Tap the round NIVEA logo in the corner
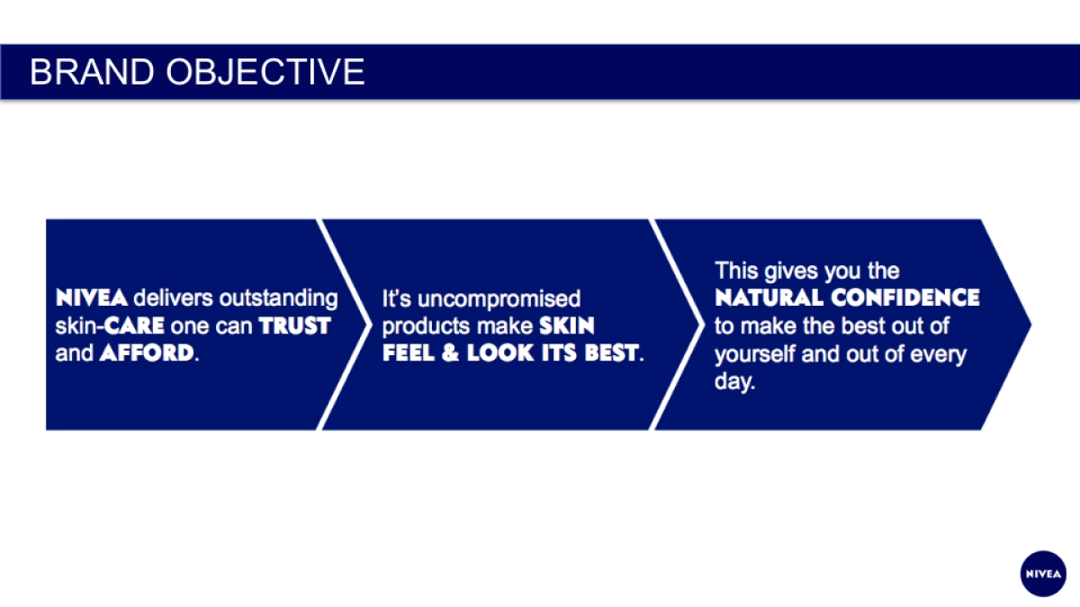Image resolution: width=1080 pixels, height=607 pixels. tap(1043, 573)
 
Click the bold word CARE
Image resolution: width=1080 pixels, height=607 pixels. tap(135, 326)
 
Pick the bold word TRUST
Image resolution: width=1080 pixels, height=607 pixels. tap(295, 326)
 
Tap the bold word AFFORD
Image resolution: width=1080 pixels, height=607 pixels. tap(146, 353)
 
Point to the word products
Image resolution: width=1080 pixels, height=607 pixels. tap(426, 326)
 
